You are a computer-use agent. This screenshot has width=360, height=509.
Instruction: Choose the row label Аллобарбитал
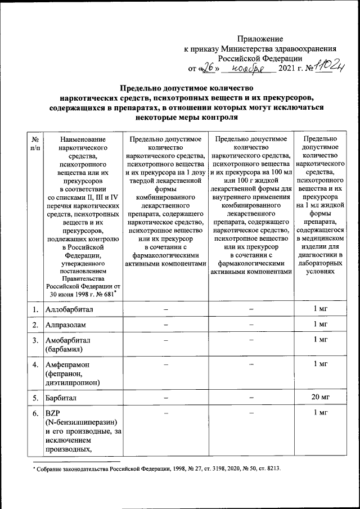click(x=71, y=309)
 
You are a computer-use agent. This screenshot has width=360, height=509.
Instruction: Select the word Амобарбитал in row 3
click(x=68, y=340)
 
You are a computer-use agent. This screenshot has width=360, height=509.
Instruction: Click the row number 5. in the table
click(x=35, y=398)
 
